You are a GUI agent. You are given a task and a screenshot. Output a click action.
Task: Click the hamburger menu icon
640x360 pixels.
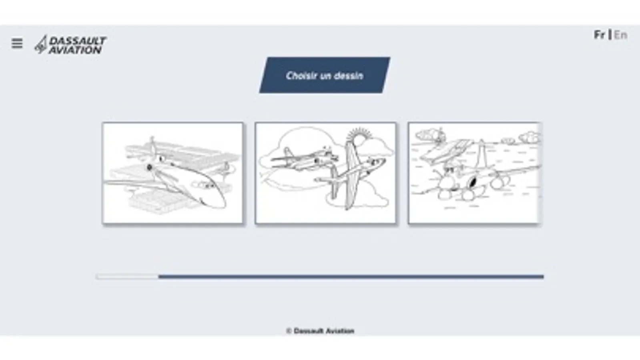point(17,43)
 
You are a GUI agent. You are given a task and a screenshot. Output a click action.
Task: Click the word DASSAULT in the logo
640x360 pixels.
point(78,41)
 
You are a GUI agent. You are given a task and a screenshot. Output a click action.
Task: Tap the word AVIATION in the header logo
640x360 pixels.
point(75,50)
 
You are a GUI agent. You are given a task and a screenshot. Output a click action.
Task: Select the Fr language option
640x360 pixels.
point(600,35)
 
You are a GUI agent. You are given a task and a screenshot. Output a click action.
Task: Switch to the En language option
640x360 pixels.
point(620,35)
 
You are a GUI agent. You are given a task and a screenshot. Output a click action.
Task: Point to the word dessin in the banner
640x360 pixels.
point(349,76)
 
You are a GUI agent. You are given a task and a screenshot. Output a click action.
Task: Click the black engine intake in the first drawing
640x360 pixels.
point(149,167)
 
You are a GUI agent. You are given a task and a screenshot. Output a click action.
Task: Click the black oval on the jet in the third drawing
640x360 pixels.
point(473,182)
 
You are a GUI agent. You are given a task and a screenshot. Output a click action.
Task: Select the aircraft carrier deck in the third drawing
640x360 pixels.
point(446,151)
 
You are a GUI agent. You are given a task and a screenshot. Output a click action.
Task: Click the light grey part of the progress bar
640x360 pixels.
point(127,276)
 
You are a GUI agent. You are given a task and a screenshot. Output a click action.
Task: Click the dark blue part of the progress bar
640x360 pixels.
point(351,276)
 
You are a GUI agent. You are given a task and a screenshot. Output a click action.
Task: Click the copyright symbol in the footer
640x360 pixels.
point(289,331)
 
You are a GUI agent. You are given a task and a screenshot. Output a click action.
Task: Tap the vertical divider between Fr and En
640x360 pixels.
point(610,34)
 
